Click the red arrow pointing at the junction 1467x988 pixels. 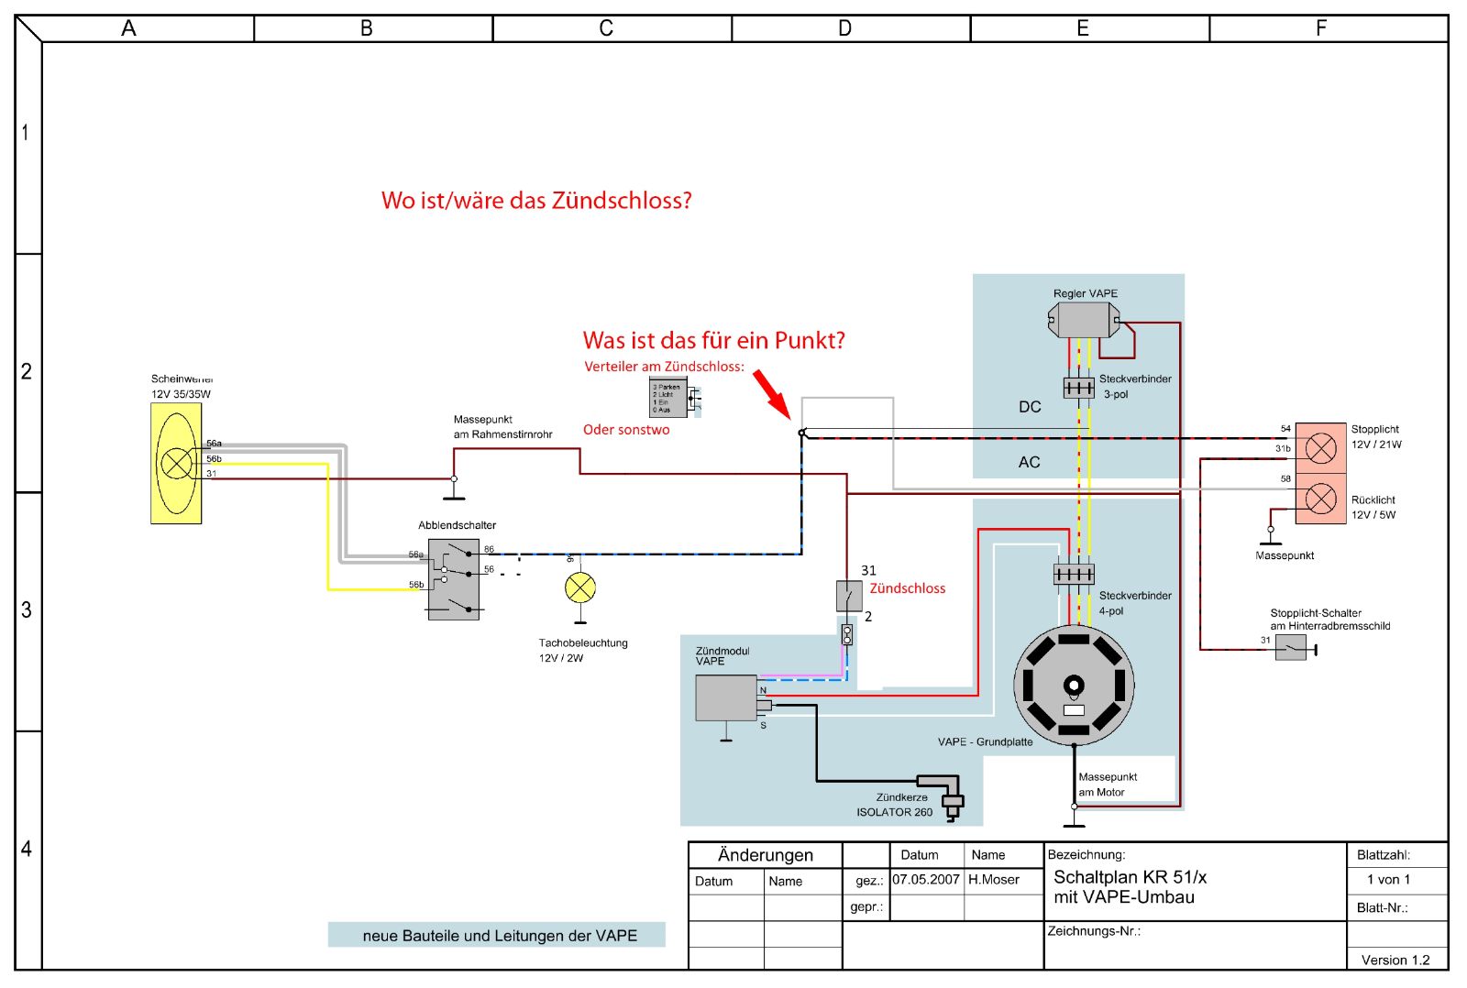[771, 393]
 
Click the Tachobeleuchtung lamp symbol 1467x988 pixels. [580, 587]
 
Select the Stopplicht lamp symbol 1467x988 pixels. [1320, 448]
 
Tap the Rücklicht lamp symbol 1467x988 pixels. [1320, 499]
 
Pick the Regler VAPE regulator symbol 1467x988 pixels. [1084, 320]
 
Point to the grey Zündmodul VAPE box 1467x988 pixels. [726, 698]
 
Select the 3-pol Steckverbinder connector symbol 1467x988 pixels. [1078, 388]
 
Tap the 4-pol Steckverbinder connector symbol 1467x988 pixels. [1074, 575]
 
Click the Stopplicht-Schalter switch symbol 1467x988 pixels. [1291, 648]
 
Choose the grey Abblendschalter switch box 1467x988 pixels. [454, 579]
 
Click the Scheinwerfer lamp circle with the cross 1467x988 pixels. [176, 463]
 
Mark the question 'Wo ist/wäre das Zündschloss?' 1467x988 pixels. [536, 201]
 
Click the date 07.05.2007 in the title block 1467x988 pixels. [926, 880]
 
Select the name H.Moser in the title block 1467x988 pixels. [994, 880]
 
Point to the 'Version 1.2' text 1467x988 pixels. [1395, 960]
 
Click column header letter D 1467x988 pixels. [844, 28]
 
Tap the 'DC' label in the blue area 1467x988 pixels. [1030, 407]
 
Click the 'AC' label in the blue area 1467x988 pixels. [1029, 463]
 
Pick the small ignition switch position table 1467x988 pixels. [667, 398]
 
